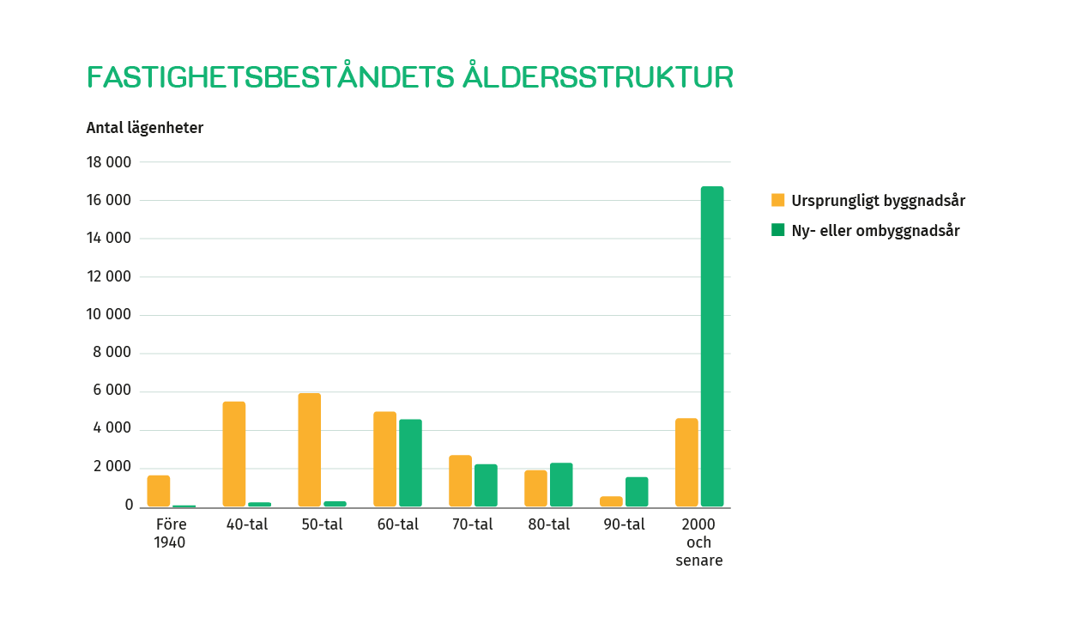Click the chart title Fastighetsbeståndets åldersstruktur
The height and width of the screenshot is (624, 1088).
pyautogui.click(x=410, y=76)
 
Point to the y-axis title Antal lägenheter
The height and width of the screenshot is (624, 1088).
pyautogui.click(x=145, y=128)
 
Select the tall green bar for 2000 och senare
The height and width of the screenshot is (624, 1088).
pyautogui.click(x=712, y=347)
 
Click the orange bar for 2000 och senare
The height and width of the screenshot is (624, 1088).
pyautogui.click(x=686, y=463)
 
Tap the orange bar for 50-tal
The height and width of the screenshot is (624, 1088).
pyautogui.click(x=310, y=450)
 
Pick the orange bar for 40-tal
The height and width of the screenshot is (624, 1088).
pyautogui.click(x=234, y=454)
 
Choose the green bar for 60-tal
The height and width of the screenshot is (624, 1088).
pyautogui.click(x=410, y=463)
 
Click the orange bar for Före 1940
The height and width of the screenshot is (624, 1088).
pyautogui.click(x=159, y=491)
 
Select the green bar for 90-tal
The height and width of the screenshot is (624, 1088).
pyautogui.click(x=637, y=492)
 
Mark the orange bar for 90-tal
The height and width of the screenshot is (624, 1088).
pyautogui.click(x=611, y=501)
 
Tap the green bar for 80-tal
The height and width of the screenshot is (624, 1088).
pyautogui.click(x=561, y=485)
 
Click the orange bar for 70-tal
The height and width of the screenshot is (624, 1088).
pyautogui.click(x=460, y=482)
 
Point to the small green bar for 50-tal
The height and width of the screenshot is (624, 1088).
pyautogui.click(x=335, y=504)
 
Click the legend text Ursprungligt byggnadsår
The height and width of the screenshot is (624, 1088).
pyautogui.click(x=878, y=201)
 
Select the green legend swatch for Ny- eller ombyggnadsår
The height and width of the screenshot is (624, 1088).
pyautogui.click(x=777, y=230)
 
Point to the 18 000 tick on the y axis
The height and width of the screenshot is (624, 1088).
pyautogui.click(x=109, y=162)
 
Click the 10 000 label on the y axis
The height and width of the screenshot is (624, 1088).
pyautogui.click(x=109, y=314)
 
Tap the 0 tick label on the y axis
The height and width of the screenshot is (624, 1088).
pyautogui.click(x=129, y=506)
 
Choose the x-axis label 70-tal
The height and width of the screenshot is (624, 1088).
pyautogui.click(x=472, y=524)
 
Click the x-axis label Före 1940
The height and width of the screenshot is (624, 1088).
pyautogui.click(x=171, y=533)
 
